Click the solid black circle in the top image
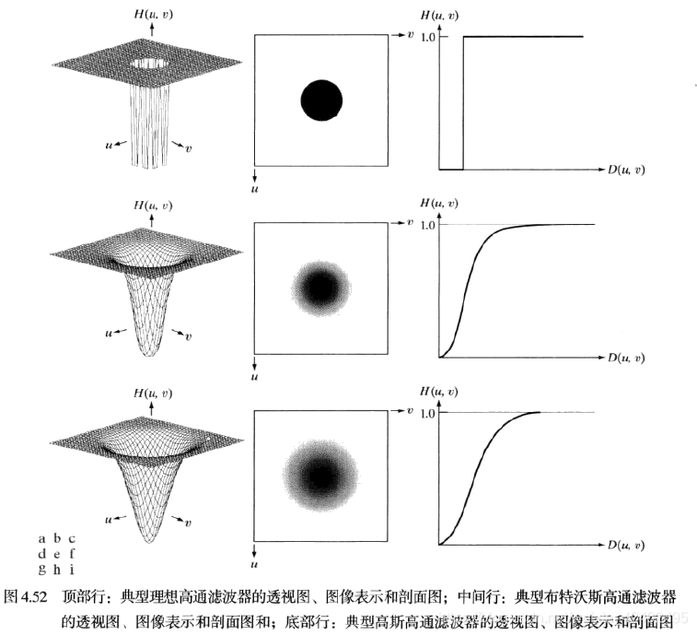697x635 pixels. pos(321,100)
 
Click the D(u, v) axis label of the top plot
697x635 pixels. pos(625,170)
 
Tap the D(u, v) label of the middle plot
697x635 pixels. pos(625,357)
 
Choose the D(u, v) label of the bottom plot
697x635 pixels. pos(625,545)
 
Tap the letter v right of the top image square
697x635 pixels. pos(410,34)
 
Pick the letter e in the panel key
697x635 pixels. pos(56,555)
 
